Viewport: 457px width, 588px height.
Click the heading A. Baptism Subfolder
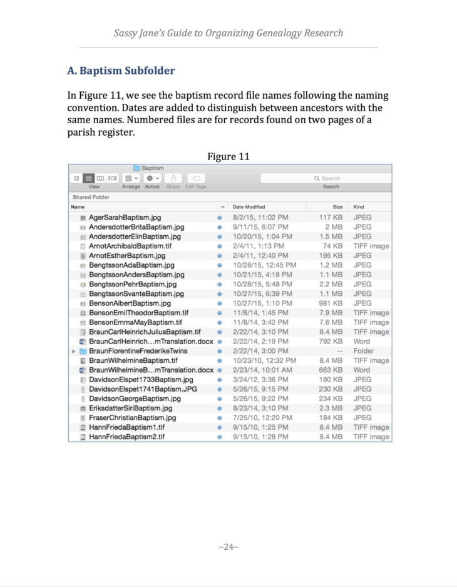(x=121, y=71)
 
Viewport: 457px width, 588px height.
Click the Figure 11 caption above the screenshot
(x=228, y=156)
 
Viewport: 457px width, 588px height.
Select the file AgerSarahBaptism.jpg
(x=125, y=217)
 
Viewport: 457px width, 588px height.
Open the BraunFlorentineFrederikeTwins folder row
(x=138, y=351)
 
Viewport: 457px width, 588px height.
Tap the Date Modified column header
(x=249, y=206)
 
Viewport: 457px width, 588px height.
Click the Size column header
(x=337, y=206)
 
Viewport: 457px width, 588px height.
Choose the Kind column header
(x=359, y=206)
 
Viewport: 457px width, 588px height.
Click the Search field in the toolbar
(x=326, y=178)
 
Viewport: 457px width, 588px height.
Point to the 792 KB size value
(x=331, y=342)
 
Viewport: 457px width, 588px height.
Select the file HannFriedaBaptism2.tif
(x=126, y=437)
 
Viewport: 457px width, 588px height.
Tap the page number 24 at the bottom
(x=228, y=547)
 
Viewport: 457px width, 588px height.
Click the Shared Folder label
(x=91, y=197)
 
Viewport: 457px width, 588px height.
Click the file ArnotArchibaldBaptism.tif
(x=130, y=246)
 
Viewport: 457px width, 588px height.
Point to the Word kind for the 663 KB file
(x=361, y=370)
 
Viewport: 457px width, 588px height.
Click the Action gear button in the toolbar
(x=152, y=178)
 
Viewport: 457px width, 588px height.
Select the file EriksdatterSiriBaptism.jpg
(x=130, y=408)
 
